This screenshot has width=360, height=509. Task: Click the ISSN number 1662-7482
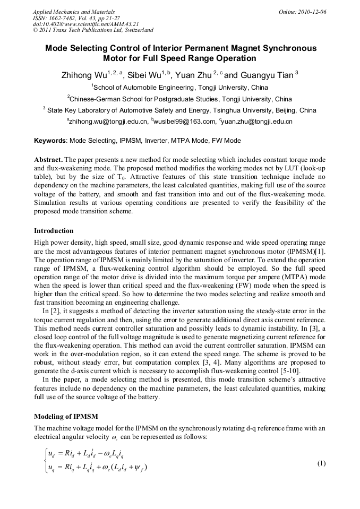(x=66, y=18)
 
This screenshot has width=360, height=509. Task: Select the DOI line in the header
(x=85, y=24)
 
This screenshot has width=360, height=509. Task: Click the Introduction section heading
(x=54, y=231)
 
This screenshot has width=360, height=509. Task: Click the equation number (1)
(x=321, y=463)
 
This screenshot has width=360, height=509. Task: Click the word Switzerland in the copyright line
(x=136, y=30)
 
